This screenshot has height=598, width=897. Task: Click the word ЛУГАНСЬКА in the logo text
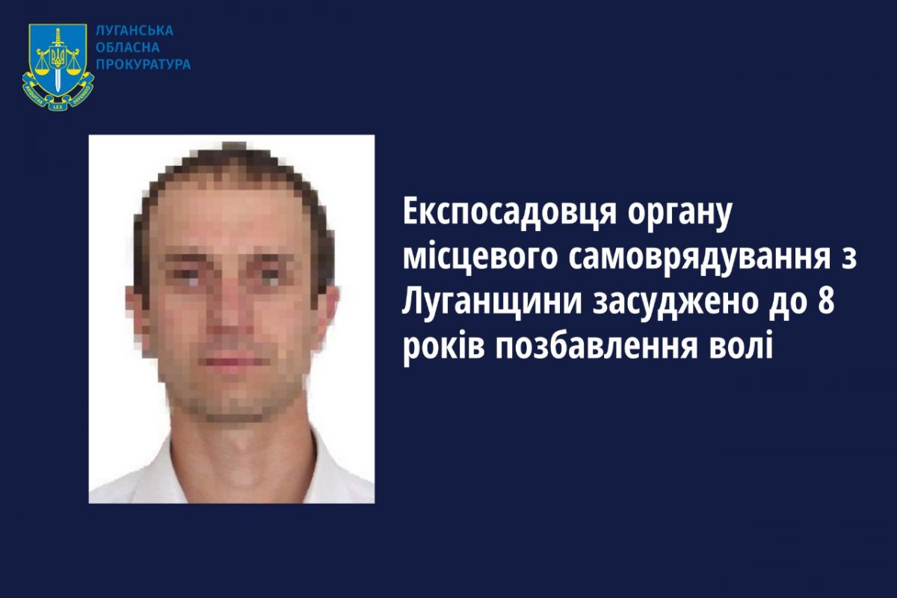[x=135, y=31]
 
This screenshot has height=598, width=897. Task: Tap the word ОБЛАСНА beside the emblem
[x=128, y=48]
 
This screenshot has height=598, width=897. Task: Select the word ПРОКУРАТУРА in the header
[x=144, y=64]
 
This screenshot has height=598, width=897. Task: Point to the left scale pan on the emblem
[x=41, y=71]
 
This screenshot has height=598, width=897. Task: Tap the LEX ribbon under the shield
[x=58, y=107]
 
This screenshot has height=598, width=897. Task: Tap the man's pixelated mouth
[x=234, y=361]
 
